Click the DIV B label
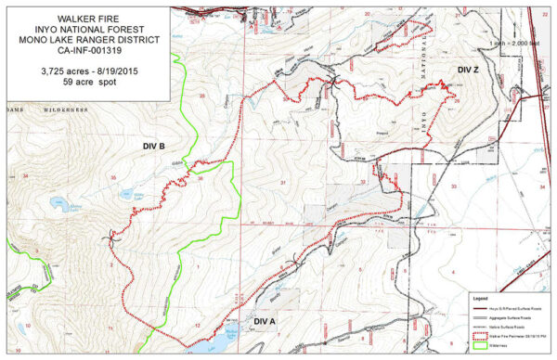(x=154, y=147)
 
